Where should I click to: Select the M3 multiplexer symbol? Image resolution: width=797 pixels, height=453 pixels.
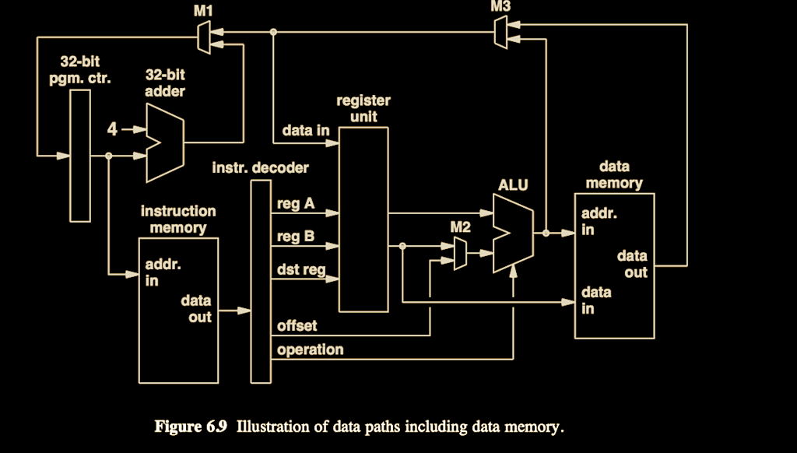(x=500, y=32)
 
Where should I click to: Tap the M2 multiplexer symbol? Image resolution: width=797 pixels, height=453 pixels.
(x=461, y=253)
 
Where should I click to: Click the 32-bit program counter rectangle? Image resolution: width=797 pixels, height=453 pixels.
(x=80, y=156)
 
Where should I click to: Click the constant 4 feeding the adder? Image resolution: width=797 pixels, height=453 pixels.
(x=112, y=129)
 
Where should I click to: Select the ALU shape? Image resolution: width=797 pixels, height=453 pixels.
(x=514, y=234)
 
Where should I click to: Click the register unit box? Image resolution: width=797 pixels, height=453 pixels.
(x=363, y=219)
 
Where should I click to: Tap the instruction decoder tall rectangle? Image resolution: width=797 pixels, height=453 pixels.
(x=261, y=281)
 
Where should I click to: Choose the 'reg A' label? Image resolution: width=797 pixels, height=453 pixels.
(x=296, y=204)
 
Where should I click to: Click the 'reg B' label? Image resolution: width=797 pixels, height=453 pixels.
(x=296, y=237)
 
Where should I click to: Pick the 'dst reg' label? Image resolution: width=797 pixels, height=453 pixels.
(x=301, y=269)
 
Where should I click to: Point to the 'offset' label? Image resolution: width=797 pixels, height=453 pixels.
(x=297, y=325)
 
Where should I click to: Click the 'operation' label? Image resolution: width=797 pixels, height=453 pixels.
(x=311, y=349)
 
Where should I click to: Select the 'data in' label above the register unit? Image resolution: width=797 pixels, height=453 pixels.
(x=306, y=130)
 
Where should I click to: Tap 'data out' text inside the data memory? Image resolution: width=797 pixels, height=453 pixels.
(x=632, y=264)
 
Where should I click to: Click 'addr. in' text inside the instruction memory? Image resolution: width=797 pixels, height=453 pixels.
(x=163, y=272)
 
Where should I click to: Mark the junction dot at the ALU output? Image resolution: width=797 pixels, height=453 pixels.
(x=546, y=234)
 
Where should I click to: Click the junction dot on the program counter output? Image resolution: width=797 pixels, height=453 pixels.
(x=108, y=156)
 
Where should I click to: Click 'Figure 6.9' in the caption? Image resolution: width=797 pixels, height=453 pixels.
(x=191, y=426)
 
